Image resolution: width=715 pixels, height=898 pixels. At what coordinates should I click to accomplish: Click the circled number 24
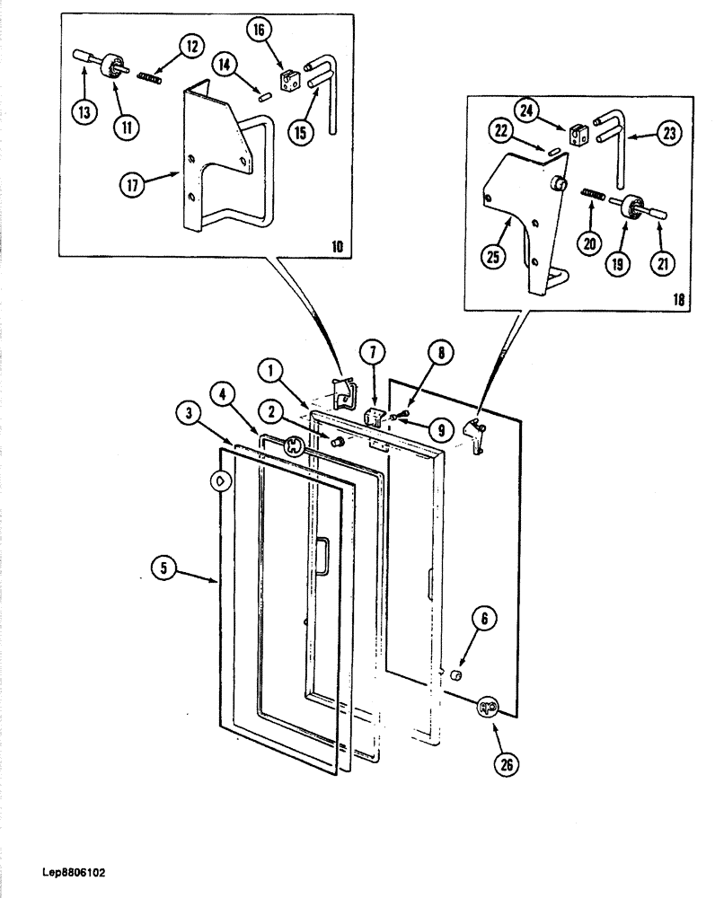point(526,110)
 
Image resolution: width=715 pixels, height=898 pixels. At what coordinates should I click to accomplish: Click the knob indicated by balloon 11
point(114,66)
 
